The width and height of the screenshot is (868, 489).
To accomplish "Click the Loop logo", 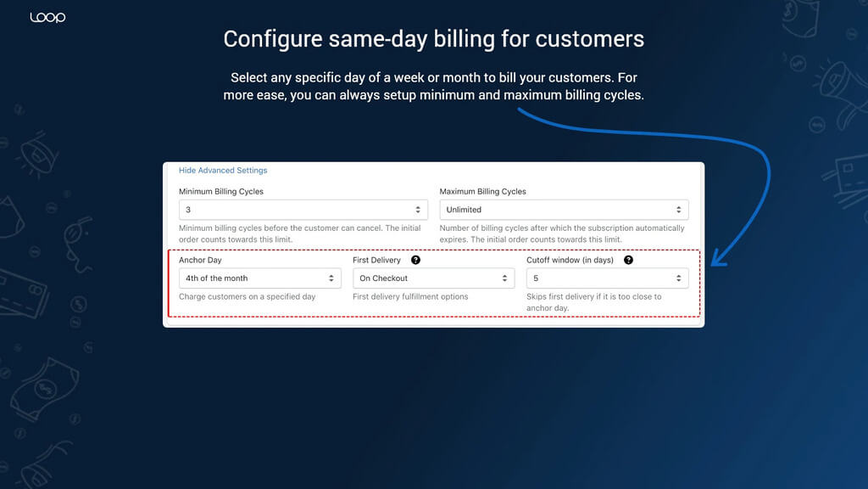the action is click(47, 18).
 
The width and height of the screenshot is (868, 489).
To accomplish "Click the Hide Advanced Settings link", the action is click(223, 170).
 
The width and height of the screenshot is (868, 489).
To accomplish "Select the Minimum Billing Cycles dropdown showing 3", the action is click(303, 210).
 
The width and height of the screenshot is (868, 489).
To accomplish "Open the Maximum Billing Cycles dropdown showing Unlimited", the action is click(564, 210).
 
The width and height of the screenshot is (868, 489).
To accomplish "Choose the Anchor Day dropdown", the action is click(259, 278).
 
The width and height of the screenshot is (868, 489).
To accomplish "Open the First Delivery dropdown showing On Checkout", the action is click(433, 278).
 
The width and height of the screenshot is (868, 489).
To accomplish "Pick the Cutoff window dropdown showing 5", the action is click(607, 278).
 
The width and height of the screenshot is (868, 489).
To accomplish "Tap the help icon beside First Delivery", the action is click(415, 260).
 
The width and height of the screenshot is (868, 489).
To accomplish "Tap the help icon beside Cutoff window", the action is click(628, 260).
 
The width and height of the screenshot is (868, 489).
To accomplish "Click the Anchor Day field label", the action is click(200, 260).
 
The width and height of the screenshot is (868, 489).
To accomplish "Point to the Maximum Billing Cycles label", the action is click(482, 191).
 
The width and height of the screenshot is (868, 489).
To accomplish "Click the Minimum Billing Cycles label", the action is click(221, 191).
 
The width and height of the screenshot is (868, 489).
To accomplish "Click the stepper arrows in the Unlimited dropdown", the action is click(679, 210).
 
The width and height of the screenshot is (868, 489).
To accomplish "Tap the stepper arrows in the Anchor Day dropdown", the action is click(331, 278).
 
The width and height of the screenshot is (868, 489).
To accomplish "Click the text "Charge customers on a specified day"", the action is click(247, 296).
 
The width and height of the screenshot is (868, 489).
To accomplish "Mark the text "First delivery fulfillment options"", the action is click(410, 296).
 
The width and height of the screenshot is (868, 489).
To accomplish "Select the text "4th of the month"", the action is click(216, 278).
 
